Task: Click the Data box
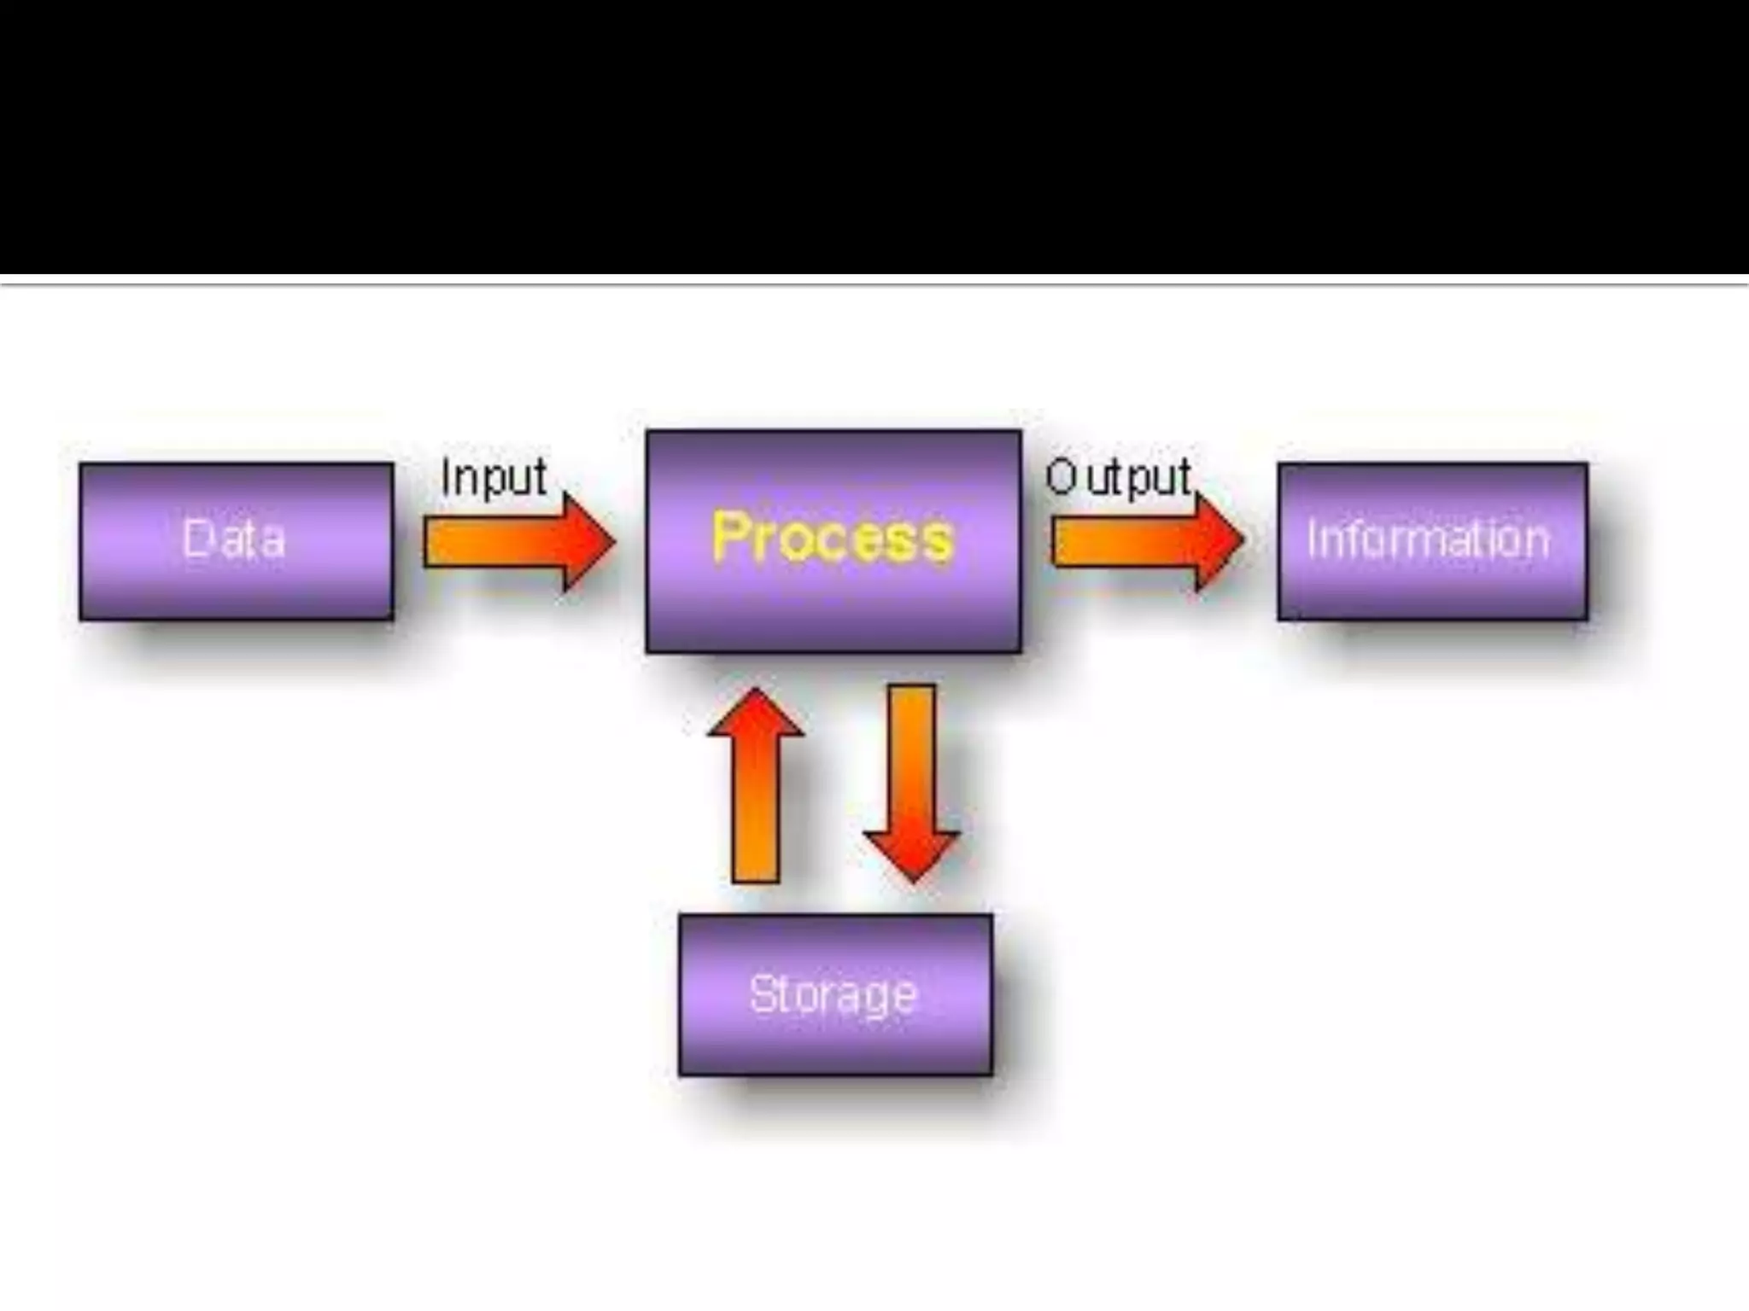pos(237,541)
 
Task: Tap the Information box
pos(1432,541)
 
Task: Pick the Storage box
pos(835,994)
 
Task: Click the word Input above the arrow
pos(494,477)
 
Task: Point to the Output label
pos(1118,477)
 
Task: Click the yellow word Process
pos(832,538)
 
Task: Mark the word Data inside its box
pos(233,539)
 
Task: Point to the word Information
pos(1428,539)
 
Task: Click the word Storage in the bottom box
pos(833,994)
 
